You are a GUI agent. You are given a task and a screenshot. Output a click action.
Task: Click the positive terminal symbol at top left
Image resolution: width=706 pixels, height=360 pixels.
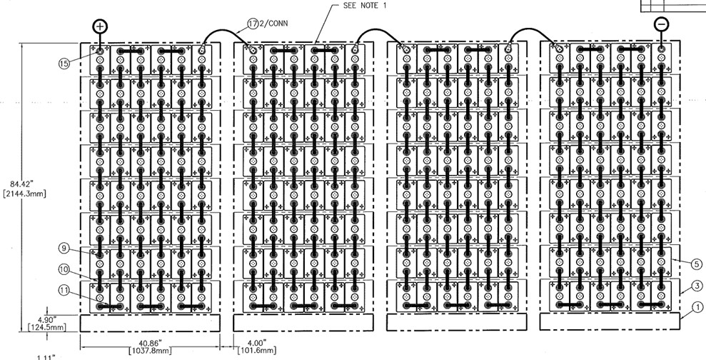pos(100,26)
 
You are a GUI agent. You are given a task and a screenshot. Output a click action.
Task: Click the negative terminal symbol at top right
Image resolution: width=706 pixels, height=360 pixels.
pos(662,24)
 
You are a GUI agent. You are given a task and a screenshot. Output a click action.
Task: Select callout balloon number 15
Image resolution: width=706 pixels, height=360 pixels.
pos(64,63)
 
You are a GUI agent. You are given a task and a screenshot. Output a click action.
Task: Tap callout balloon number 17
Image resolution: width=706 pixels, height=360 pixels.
pos(253,24)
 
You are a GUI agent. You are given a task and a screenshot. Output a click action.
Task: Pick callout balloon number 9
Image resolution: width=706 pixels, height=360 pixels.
pos(64,249)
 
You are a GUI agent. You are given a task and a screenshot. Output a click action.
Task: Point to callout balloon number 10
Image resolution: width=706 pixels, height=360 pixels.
pos(64,269)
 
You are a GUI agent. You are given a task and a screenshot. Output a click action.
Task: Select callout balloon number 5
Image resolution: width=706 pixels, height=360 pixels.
pos(697,263)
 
